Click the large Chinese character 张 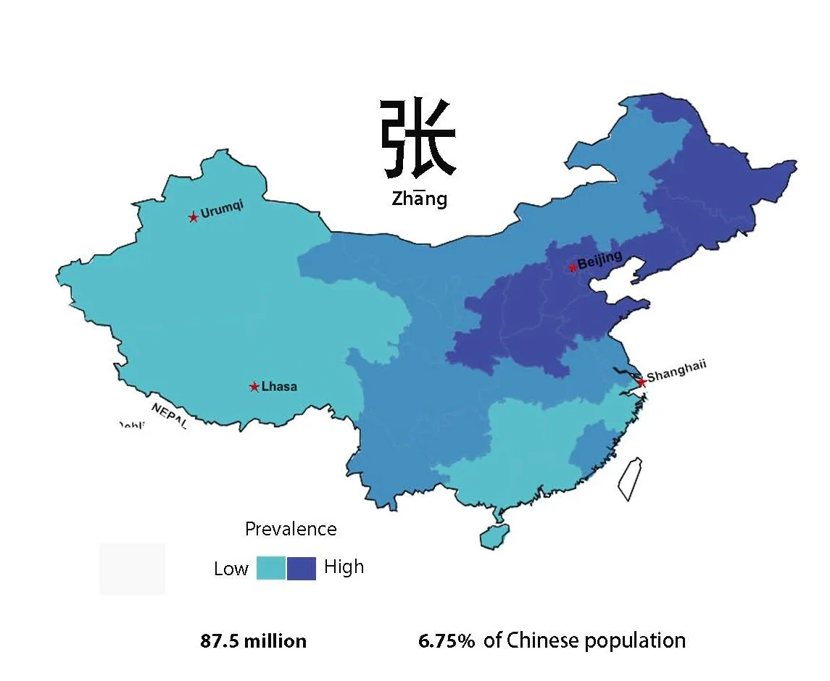[418, 139]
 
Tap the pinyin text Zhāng [419, 199]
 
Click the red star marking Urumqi [193, 217]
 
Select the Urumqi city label [223, 211]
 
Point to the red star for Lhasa [254, 387]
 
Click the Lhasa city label [279, 387]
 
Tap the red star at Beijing [573, 267]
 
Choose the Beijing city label [600, 260]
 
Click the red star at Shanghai [641, 381]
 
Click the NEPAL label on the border [170, 416]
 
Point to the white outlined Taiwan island [630, 479]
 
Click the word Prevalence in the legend [291, 530]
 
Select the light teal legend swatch [271, 568]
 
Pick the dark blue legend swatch [302, 568]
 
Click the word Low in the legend [231, 569]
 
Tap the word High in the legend [344, 567]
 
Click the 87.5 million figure [253, 641]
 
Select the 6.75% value [447, 640]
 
